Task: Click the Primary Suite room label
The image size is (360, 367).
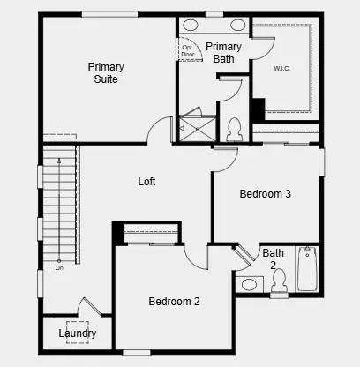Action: pyautogui.click(x=106, y=72)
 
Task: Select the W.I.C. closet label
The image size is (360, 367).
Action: pyautogui.click(x=282, y=67)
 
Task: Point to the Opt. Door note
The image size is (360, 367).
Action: pyautogui.click(x=188, y=50)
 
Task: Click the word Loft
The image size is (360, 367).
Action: pyautogui.click(x=146, y=182)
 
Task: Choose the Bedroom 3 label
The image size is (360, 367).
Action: pyautogui.click(x=266, y=194)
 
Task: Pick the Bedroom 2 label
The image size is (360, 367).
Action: pyautogui.click(x=174, y=302)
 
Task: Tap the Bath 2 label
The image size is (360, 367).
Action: pyautogui.click(x=274, y=258)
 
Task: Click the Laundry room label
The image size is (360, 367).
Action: pyautogui.click(x=78, y=333)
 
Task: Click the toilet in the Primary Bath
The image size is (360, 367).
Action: pyautogui.click(x=235, y=129)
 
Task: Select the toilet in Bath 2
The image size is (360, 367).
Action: pyautogui.click(x=279, y=281)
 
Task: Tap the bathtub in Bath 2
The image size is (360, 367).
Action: pyautogui.click(x=307, y=268)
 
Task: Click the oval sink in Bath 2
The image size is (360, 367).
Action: pyautogui.click(x=250, y=285)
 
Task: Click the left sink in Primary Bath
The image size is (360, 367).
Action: pyautogui.click(x=191, y=25)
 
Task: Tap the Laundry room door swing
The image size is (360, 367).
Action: pyautogui.click(x=89, y=309)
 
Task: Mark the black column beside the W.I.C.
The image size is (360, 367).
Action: pyautogui.click(x=258, y=110)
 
